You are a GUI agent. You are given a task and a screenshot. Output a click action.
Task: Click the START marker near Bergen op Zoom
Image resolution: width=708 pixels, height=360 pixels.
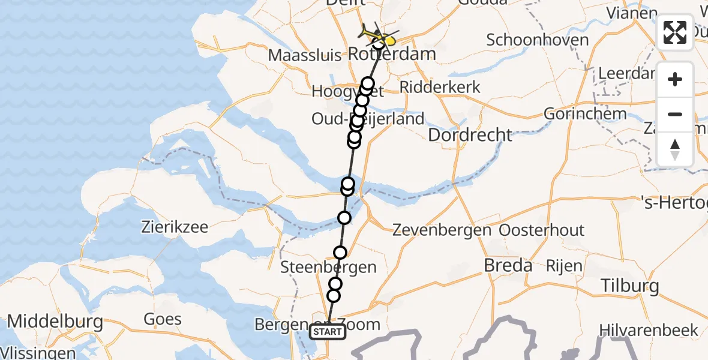pos(328,332)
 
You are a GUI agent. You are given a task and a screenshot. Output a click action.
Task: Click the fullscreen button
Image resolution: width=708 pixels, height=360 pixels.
pos(675,32)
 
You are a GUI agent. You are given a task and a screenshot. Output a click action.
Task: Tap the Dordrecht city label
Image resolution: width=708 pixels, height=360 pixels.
pos(470,134)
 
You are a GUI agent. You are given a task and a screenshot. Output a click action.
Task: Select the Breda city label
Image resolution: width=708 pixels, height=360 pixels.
pos(508,265)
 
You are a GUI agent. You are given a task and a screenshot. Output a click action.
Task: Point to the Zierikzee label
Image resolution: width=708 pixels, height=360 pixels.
pos(175,227)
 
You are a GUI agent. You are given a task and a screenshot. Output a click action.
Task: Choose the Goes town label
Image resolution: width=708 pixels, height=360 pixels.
pos(163,319)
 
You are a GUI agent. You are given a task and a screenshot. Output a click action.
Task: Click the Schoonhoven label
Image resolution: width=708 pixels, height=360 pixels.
pos(538,40)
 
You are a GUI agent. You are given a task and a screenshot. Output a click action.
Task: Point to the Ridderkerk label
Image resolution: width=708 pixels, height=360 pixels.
pos(440,87)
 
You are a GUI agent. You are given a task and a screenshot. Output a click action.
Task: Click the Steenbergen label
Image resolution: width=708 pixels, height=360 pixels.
pos(329,268)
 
